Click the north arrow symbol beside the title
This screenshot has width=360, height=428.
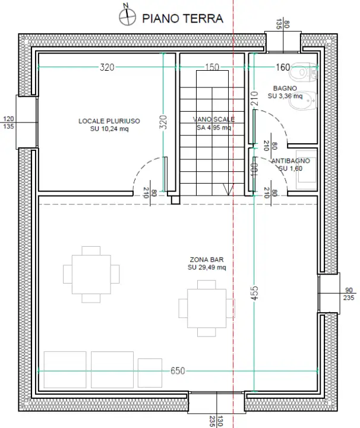(126, 16)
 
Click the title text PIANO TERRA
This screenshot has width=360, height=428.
(182, 18)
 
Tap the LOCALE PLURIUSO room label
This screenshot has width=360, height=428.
(109, 124)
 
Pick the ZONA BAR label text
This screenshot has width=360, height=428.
(207, 263)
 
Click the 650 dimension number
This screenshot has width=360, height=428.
(178, 370)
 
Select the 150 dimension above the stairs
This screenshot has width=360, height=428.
(211, 67)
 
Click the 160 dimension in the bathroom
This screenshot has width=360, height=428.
(283, 67)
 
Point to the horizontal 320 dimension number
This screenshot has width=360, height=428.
(107, 67)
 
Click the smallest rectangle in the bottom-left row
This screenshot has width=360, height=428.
(150, 372)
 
